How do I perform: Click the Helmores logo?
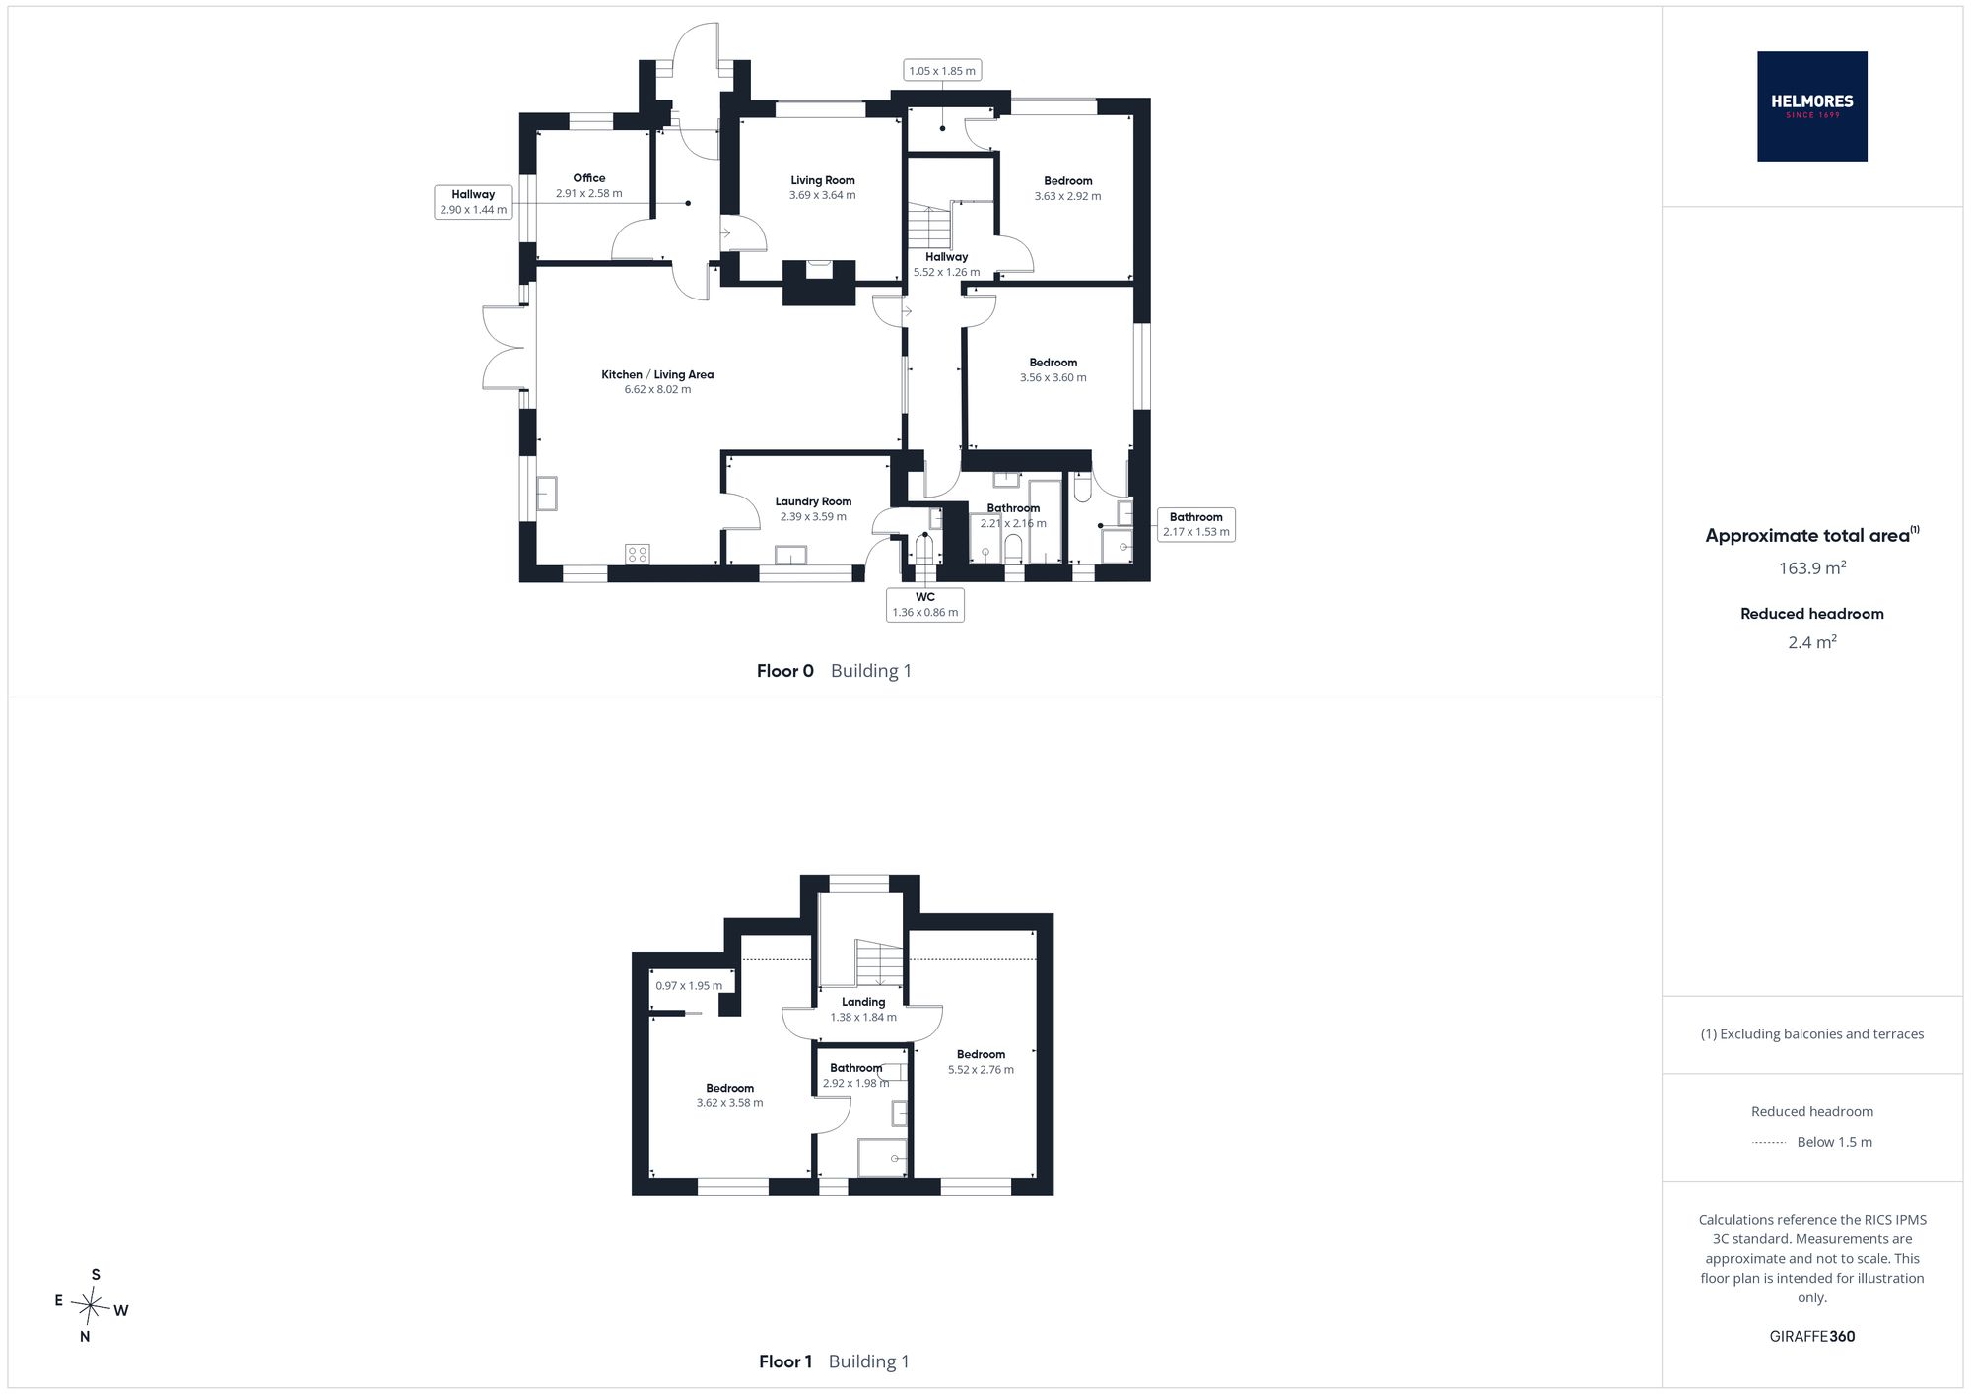coord(1811,106)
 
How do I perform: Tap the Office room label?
coord(589,178)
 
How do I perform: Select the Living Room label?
coord(823,180)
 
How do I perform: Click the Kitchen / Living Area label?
coord(657,374)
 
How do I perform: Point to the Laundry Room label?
coord(813,501)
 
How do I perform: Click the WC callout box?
coord(925,604)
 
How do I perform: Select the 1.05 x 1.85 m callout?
coord(942,71)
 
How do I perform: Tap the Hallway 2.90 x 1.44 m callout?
coord(473,202)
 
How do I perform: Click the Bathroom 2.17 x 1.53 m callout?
coord(1195,524)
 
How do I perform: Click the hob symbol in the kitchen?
coord(637,554)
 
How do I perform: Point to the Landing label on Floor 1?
coord(863,1002)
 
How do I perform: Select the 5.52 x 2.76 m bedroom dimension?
coord(981,1070)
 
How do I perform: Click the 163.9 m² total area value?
coord(1811,567)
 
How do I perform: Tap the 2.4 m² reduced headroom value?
coord(1812,642)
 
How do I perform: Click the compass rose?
coord(91,1306)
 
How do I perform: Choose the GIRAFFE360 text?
coord(1812,1337)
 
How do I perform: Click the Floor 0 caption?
coord(785,671)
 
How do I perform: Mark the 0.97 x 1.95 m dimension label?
coord(689,986)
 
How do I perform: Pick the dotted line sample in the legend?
coord(1769,1143)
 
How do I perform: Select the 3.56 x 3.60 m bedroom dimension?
coord(1053,377)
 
